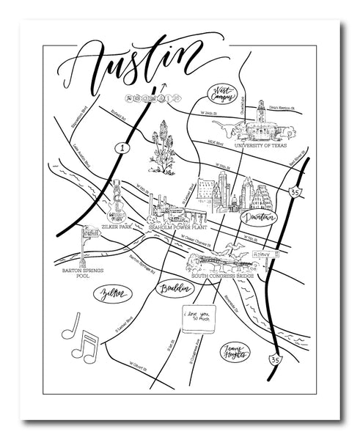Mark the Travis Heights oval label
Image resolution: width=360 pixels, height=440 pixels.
point(234,352)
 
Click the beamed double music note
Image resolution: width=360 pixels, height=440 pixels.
point(90,349)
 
